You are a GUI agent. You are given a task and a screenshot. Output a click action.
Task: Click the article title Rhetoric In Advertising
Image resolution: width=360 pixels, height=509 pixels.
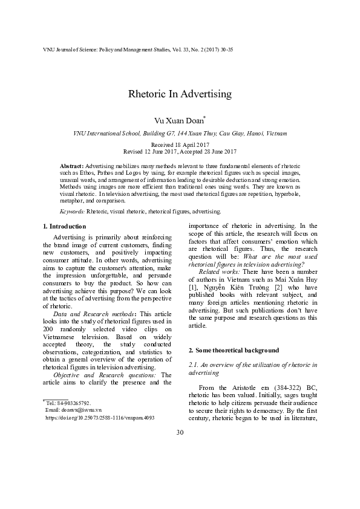pos(180,94)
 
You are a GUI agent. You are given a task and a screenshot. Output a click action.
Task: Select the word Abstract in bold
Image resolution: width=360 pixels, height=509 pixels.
pos(72,165)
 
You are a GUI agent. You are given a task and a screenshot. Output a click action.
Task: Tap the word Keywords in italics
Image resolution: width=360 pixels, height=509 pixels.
pos(72,212)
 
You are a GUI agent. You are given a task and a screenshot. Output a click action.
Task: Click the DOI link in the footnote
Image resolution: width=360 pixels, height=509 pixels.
pos(100,417)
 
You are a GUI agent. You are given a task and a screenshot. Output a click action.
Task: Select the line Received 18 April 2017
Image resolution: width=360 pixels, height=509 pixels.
pos(180,146)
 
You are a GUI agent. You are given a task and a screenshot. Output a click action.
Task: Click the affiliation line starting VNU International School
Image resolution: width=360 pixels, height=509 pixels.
pos(180,133)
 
